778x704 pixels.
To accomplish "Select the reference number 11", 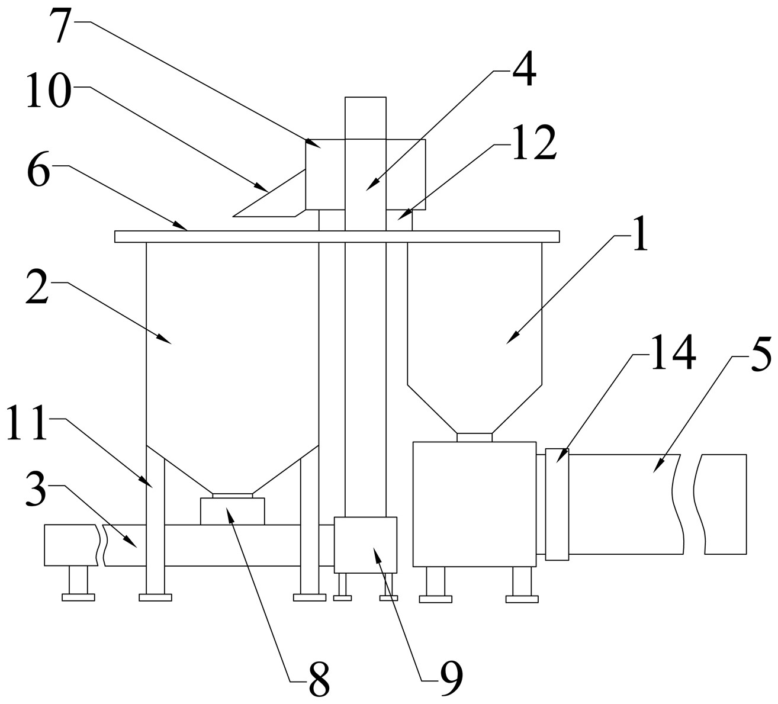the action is (27, 422).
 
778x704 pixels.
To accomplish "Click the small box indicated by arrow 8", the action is (232, 511).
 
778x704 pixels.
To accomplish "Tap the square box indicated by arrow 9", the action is (365, 545).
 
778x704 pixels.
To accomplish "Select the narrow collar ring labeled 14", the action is (557, 504).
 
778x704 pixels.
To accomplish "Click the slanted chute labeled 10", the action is (269, 193).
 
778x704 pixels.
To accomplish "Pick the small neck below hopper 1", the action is (474, 437).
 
